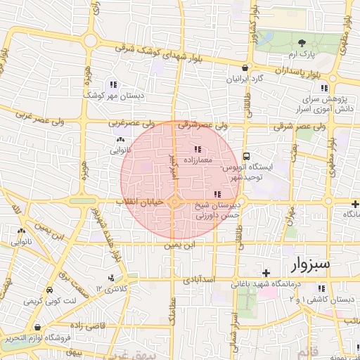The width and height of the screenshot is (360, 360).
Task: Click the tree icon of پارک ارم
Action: (x=302, y=43)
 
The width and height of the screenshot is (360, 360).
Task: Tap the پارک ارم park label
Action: (x=302, y=53)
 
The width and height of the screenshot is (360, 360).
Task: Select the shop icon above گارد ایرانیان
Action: (x=244, y=68)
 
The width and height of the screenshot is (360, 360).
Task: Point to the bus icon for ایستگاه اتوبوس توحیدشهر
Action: (x=247, y=156)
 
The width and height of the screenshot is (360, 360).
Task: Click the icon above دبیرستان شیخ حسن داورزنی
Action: (x=217, y=193)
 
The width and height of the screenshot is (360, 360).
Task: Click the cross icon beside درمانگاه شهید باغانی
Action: (x=265, y=273)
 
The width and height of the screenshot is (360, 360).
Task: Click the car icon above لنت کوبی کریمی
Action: (x=49, y=290)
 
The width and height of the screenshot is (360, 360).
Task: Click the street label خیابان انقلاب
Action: (x=144, y=201)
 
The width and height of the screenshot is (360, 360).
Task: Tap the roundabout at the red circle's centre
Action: (x=174, y=203)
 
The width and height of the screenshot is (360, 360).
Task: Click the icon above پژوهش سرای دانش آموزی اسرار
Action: (x=324, y=88)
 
